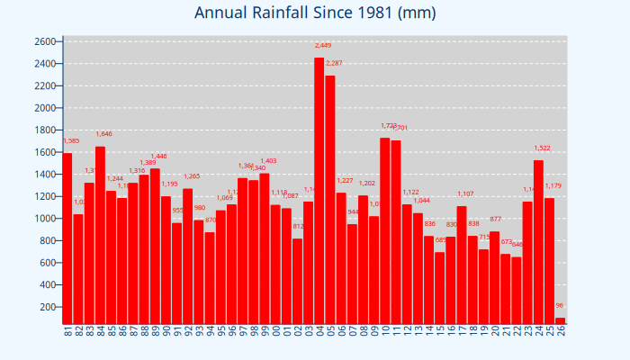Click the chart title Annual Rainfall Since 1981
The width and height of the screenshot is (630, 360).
tap(315, 13)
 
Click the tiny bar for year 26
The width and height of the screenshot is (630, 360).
tap(560, 320)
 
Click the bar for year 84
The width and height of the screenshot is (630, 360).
tap(100, 235)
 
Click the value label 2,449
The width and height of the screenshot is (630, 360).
tap(323, 45)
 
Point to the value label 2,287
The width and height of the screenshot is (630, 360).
tap(334, 63)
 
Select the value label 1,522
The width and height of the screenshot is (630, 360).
tap(542, 148)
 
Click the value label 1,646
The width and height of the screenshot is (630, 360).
tap(103, 134)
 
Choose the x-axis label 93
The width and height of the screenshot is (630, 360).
tap(199, 331)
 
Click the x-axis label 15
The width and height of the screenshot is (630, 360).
tap(440, 331)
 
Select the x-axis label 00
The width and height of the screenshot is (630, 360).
tap(275, 331)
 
